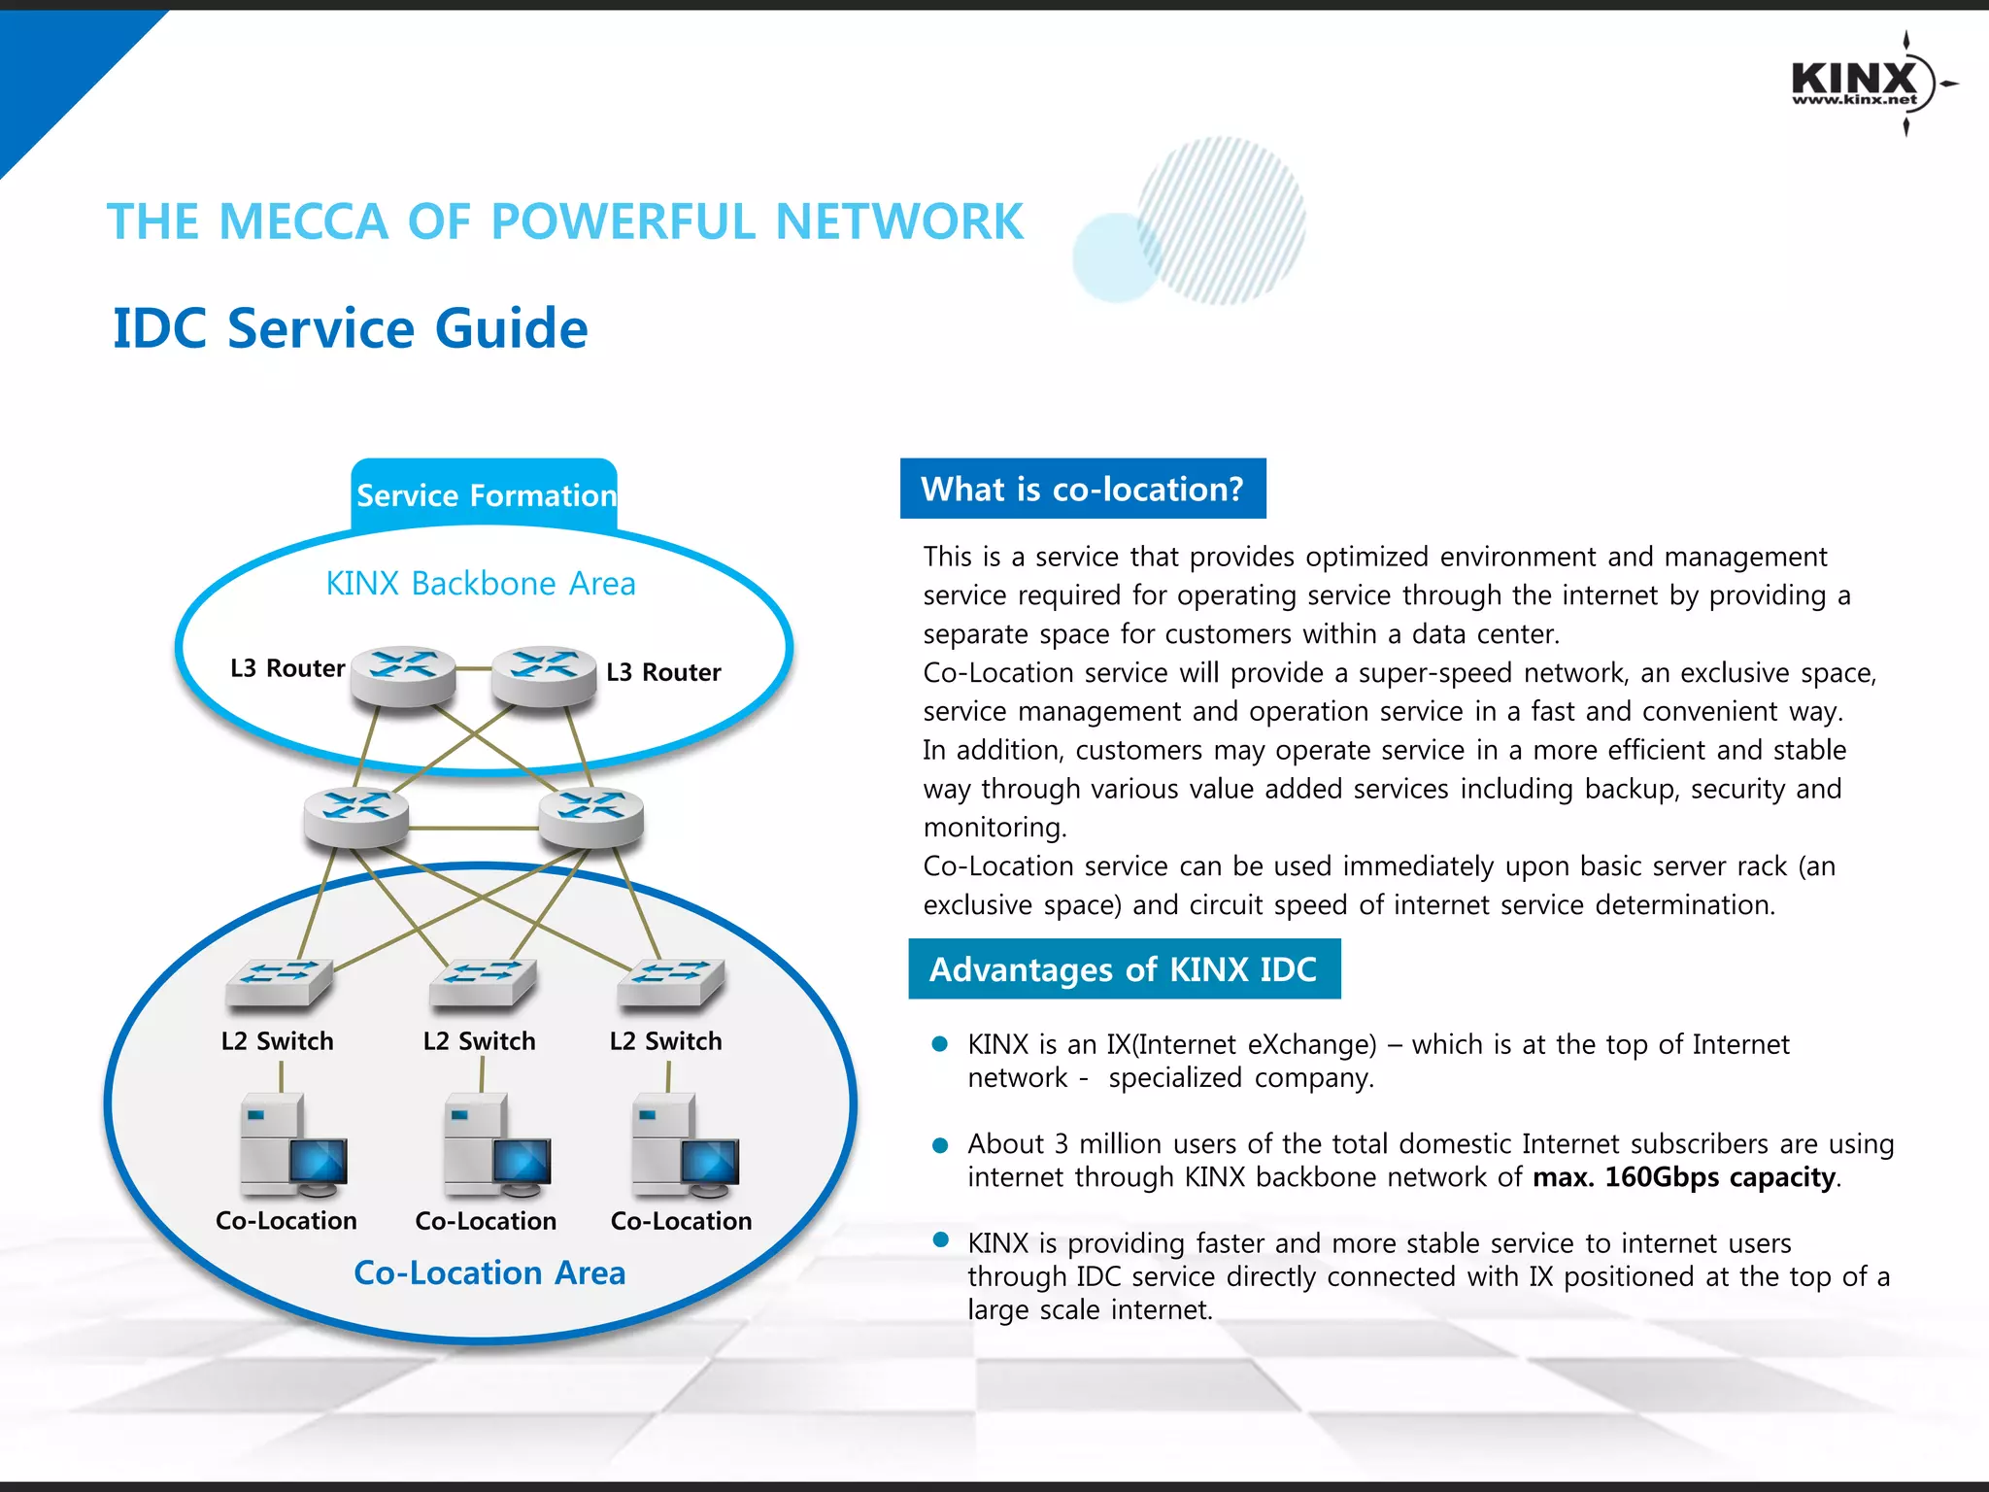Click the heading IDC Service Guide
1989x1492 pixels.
(351, 328)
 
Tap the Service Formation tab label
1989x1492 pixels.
(486, 495)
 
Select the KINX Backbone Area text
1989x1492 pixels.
(481, 584)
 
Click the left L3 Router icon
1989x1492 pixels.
(403, 674)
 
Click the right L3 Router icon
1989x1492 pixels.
(544, 674)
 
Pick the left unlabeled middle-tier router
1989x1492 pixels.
(355, 815)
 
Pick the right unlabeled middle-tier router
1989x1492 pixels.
(590, 815)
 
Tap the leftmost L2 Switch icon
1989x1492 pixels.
(279, 981)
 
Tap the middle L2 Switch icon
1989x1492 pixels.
(483, 981)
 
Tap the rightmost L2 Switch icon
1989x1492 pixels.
(670, 981)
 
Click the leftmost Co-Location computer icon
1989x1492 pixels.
(292, 1146)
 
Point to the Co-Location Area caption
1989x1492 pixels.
(489, 1272)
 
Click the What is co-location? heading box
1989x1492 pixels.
(1083, 489)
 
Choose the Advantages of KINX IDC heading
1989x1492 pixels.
(1124, 968)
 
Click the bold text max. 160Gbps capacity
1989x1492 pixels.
(1685, 1177)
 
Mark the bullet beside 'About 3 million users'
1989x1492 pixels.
(939, 1145)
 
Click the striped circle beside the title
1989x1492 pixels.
(1221, 220)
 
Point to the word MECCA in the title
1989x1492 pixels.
(303, 221)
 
